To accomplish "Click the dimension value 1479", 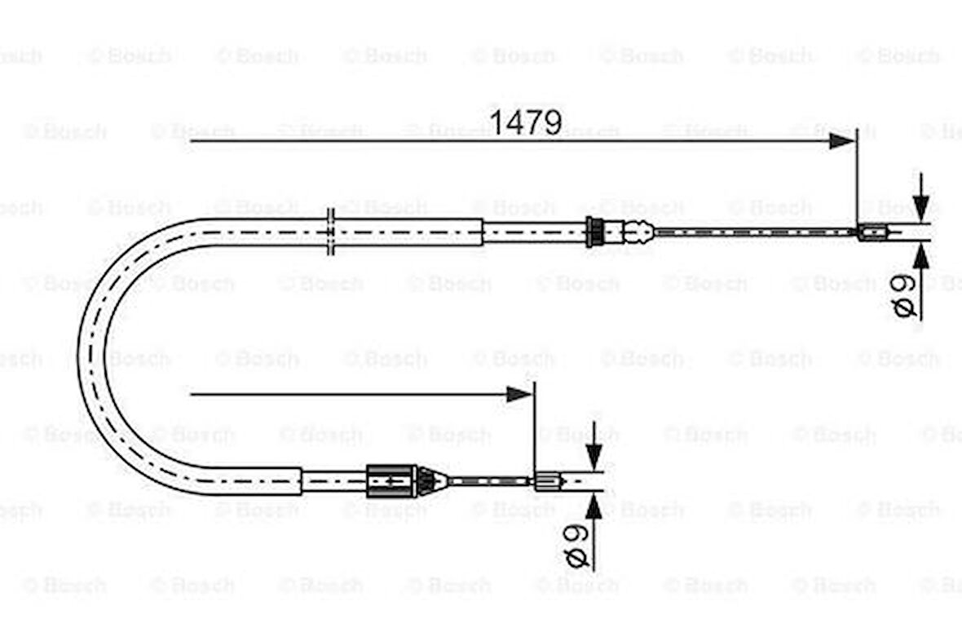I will click(525, 122).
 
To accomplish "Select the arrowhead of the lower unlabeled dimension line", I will click(519, 395).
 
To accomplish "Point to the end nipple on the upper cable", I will click(872, 232).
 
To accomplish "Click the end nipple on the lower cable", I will click(547, 481).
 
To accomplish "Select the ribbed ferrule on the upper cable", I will click(595, 232).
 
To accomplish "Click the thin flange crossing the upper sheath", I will click(331, 232).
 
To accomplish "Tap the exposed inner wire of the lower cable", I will click(489, 481).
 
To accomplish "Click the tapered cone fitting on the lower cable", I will click(431, 481).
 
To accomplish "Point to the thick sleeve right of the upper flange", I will click(408, 232).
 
